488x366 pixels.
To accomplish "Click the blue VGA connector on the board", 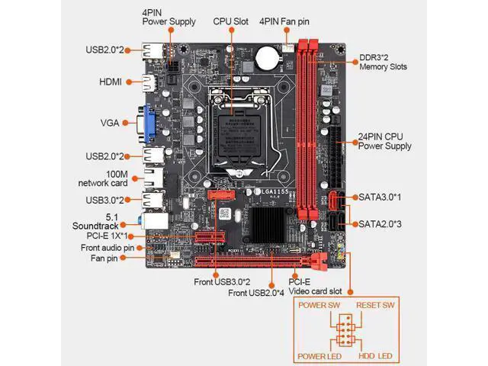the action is [149, 124].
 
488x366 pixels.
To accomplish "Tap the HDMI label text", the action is [111, 82].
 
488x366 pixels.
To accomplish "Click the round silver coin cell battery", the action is [268, 58].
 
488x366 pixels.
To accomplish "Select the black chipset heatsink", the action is [267, 225].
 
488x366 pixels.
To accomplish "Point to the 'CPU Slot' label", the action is [230, 21].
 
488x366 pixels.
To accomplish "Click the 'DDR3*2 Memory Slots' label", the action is [383, 62].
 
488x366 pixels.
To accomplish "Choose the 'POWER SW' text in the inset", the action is [319, 305].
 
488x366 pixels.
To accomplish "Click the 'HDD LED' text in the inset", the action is [375, 356].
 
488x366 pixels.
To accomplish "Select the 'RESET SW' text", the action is [375, 305].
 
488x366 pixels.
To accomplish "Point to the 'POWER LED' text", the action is [319, 356].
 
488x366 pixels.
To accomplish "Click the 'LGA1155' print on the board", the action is [274, 191].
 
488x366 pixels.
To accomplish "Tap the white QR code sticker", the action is [225, 213].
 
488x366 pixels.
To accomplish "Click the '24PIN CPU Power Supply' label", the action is [384, 141].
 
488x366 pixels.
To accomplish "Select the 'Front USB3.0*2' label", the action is [222, 282].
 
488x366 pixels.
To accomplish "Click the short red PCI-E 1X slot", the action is [210, 237].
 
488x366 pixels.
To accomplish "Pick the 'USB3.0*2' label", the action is [105, 200].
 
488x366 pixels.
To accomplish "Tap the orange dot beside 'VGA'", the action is [125, 123].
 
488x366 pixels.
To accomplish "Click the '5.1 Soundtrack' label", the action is [95, 221].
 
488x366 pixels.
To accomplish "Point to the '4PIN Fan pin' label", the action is [284, 21].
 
